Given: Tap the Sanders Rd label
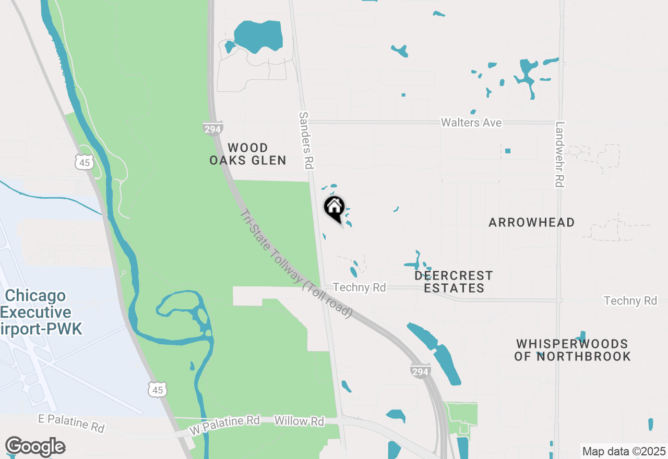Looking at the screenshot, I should tap(305, 140).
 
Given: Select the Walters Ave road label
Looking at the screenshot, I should tap(471, 123).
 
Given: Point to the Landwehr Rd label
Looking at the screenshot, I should tap(560, 154).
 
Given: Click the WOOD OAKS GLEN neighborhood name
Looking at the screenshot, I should tap(248, 154).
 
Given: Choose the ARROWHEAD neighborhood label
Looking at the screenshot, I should tap(531, 222).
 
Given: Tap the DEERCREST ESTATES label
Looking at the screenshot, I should tap(454, 281).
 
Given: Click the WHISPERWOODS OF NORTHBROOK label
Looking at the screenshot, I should tap(572, 350).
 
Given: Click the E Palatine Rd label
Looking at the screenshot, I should tap(71, 422).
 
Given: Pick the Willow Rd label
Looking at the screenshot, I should tap(299, 421).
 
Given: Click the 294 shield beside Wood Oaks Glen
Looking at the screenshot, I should tap(213, 129).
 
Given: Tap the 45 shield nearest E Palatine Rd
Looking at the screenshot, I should tap(158, 389).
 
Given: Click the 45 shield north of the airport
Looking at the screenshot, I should tap(84, 162).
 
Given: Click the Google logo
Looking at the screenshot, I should tap(35, 446).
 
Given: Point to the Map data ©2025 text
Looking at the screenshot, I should tap(624, 451).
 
